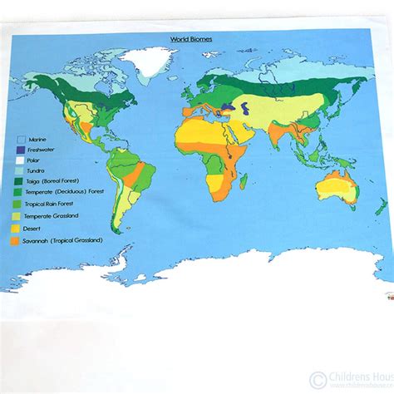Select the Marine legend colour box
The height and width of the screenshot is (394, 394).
[21, 140]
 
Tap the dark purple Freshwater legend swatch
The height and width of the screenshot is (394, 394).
[21, 150]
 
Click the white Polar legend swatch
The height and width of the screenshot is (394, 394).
[21, 161]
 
